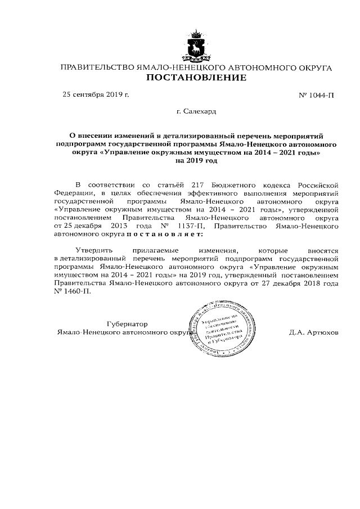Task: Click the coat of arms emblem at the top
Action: click(x=196, y=46)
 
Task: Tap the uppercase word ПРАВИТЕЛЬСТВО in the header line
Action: click(x=97, y=67)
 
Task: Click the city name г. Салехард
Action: click(x=196, y=112)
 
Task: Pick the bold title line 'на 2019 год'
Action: click(x=196, y=160)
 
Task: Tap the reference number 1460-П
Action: click(x=75, y=292)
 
